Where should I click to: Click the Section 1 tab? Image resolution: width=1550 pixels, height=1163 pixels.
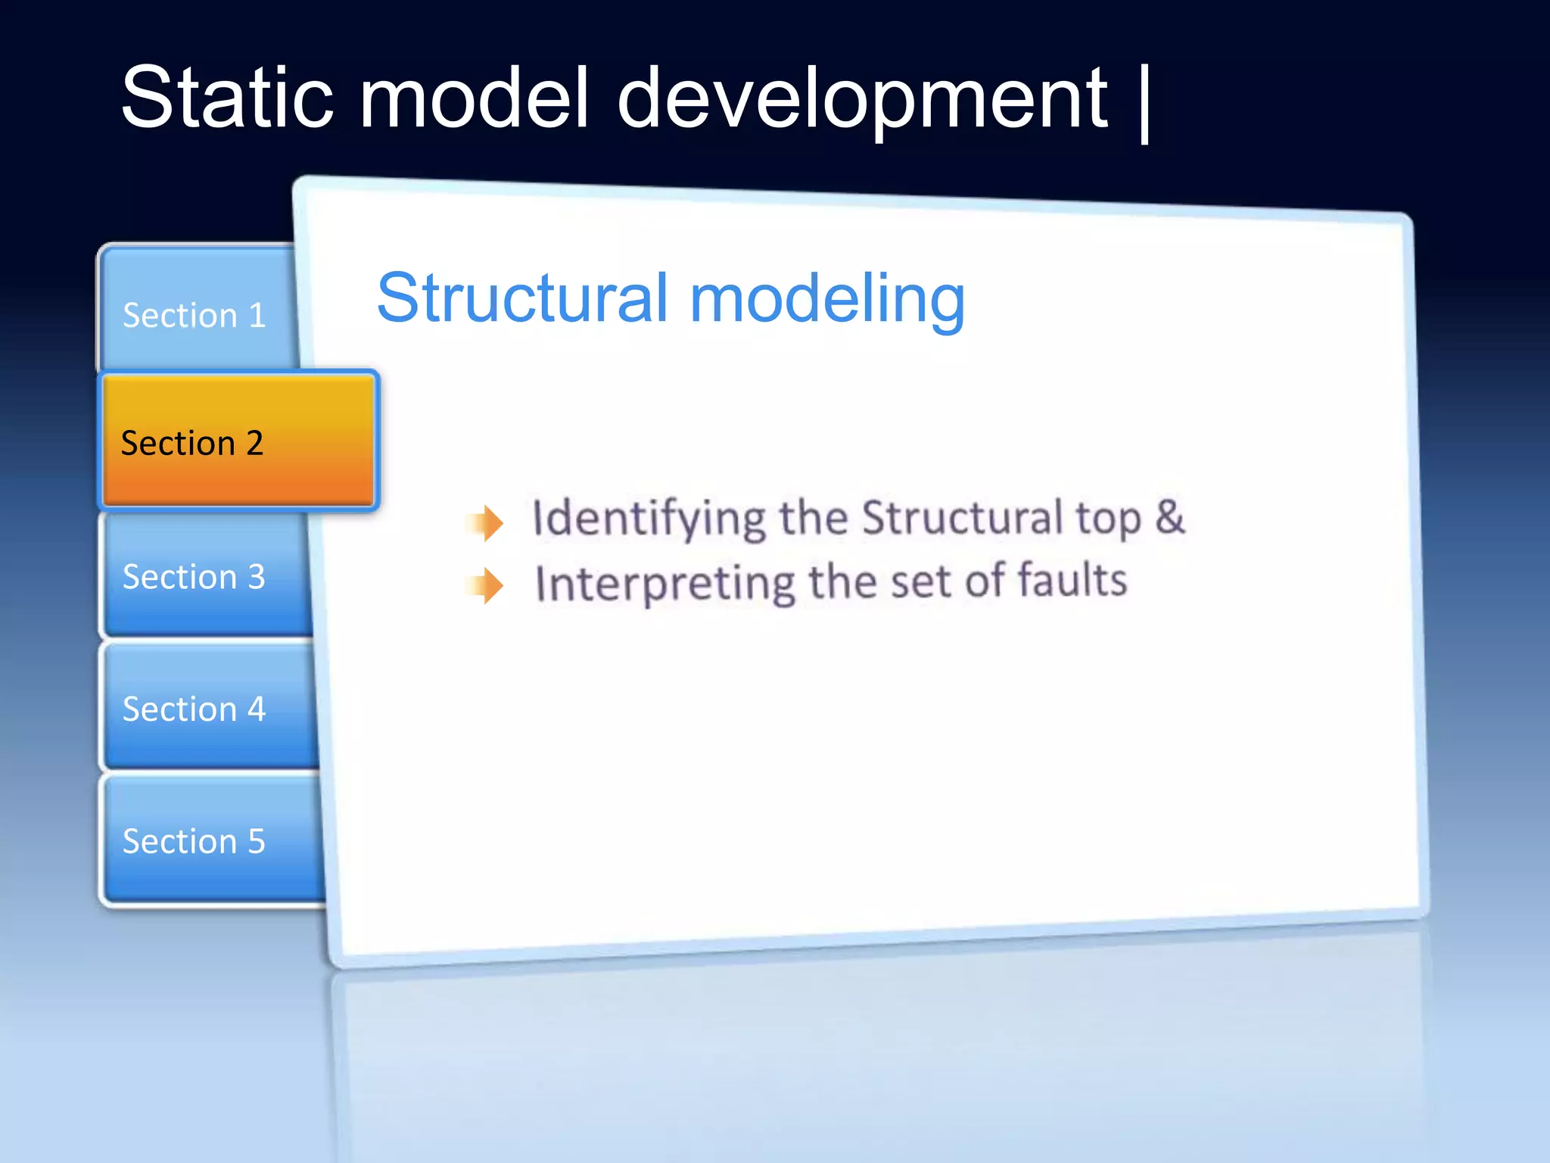[195, 314]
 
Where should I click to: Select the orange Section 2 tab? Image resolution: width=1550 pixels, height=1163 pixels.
[238, 442]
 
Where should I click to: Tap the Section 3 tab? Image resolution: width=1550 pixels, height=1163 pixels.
[195, 576]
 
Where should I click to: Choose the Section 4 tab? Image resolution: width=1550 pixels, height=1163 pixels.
[195, 709]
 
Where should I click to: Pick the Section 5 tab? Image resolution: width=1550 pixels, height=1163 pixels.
[195, 841]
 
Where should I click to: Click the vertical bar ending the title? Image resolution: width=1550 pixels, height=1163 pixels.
[1144, 102]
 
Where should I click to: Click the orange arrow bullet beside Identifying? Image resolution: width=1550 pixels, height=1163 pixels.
[486, 522]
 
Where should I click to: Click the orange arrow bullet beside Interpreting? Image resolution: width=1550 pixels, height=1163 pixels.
[486, 585]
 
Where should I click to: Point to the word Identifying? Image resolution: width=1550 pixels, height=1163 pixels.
[649, 519]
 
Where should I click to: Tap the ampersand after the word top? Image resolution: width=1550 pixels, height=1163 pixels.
[1169, 516]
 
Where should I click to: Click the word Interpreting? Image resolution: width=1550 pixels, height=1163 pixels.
[665, 584]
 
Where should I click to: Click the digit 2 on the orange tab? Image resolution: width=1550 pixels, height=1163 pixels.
[254, 443]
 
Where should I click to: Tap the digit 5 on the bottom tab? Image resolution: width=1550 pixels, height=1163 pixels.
[256, 841]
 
